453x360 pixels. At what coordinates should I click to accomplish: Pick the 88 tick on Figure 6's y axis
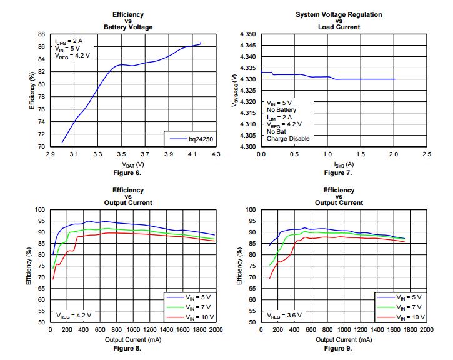pyautogui.click(x=41, y=34)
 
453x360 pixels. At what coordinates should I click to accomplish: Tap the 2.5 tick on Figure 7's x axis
pyautogui.click(x=427, y=154)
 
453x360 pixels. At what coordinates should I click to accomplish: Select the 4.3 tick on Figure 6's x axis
pyautogui.click(x=216, y=154)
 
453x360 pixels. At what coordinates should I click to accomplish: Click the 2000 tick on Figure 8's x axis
pyautogui.click(x=216, y=330)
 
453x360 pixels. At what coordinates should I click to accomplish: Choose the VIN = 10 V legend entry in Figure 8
pyautogui.click(x=197, y=317)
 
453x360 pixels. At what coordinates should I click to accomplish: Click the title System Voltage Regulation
pyautogui.click(x=339, y=14)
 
